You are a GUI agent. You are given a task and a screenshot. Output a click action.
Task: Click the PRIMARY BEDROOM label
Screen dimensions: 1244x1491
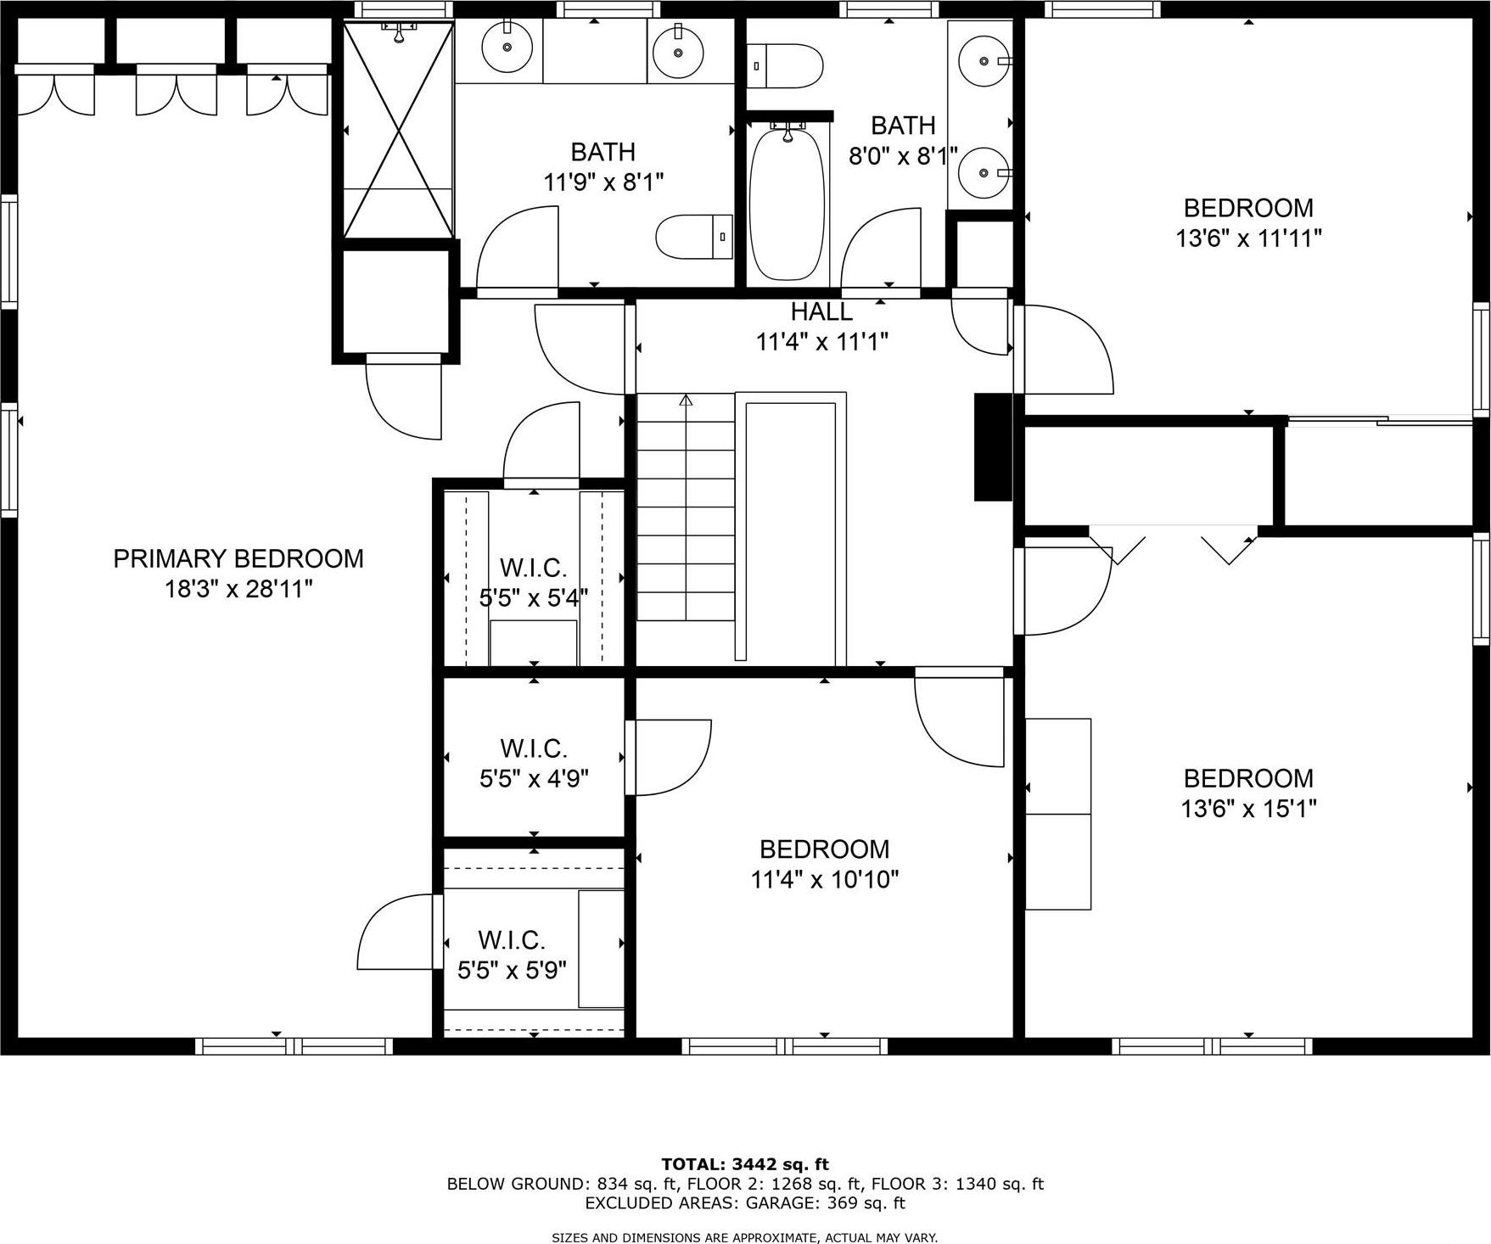(238, 558)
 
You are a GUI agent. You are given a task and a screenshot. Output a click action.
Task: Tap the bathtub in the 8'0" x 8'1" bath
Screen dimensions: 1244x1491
(787, 204)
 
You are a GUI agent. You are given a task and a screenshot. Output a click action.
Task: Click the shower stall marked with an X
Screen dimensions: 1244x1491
(398, 129)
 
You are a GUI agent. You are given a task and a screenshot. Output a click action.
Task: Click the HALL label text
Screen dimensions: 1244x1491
(821, 311)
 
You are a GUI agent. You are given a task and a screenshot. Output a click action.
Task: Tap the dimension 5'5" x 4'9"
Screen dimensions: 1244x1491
(534, 778)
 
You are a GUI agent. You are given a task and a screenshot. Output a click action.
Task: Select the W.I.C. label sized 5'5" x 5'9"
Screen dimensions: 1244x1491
(511, 940)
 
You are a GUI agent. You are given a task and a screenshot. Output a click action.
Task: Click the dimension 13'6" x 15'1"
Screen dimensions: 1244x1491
(1248, 809)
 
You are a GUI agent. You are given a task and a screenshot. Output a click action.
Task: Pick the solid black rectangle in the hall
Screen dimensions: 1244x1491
(992, 446)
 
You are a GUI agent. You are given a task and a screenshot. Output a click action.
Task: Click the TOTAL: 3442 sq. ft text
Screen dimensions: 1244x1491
(745, 1164)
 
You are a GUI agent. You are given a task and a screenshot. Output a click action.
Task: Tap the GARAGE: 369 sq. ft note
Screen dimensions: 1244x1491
(825, 1202)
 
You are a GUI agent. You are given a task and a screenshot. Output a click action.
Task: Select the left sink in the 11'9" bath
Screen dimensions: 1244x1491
(507, 48)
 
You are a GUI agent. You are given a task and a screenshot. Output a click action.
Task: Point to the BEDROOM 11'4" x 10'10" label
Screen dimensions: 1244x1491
(824, 849)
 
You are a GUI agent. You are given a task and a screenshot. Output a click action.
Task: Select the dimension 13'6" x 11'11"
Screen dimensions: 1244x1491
(1248, 238)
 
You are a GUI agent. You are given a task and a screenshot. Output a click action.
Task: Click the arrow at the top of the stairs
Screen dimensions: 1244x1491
(686, 400)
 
